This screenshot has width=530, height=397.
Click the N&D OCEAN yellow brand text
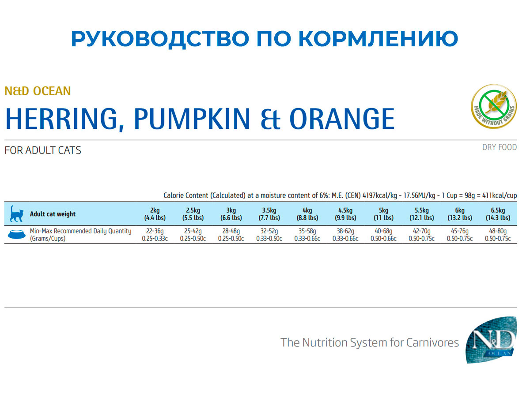click(x=38, y=91)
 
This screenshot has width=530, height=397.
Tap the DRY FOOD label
click(x=499, y=147)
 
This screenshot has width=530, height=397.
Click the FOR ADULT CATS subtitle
click(x=43, y=150)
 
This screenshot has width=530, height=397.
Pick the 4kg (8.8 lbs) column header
click(x=307, y=214)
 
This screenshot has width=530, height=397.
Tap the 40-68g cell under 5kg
click(x=383, y=231)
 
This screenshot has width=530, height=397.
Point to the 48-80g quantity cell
click(x=497, y=231)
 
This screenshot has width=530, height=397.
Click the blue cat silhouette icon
click(x=16, y=214)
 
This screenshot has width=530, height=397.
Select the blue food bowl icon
click(x=16, y=235)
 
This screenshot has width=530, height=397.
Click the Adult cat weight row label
click(x=53, y=214)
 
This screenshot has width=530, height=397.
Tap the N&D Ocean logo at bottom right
click(x=491, y=339)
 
